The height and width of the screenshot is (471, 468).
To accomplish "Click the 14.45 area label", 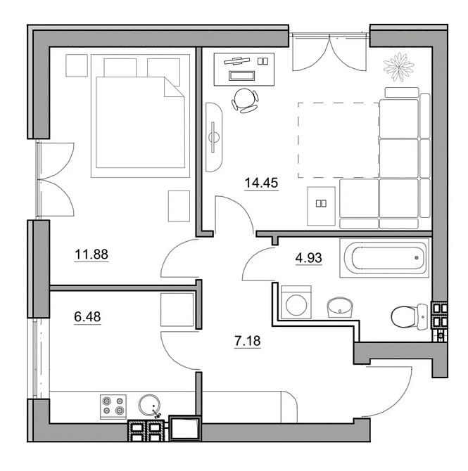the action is tap(261, 183).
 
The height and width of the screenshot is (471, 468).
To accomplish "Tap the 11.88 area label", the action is tap(91, 254).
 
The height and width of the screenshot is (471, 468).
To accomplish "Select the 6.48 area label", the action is tap(87, 316).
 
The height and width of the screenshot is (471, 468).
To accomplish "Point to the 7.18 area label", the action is tap(247, 341).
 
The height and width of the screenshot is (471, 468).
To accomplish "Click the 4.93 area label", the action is tap(308, 258).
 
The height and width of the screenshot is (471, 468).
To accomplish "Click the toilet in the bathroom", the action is tap(410, 317).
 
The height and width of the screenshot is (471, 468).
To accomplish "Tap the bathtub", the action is tap(384, 258).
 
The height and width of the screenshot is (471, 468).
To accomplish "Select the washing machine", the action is tap(296, 302).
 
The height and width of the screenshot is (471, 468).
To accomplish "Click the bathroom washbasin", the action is tap(340, 307).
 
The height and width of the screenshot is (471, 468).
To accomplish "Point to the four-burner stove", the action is tap(113, 407).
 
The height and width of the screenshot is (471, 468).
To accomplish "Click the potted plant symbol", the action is tap(399, 67).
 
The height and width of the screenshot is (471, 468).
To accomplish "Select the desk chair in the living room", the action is tap(245, 100).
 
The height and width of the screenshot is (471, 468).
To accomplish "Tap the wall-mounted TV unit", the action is tap(214, 137).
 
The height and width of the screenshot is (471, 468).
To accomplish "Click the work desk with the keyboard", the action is tap(244, 70).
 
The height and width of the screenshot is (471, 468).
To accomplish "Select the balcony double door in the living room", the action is tap(329, 53).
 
